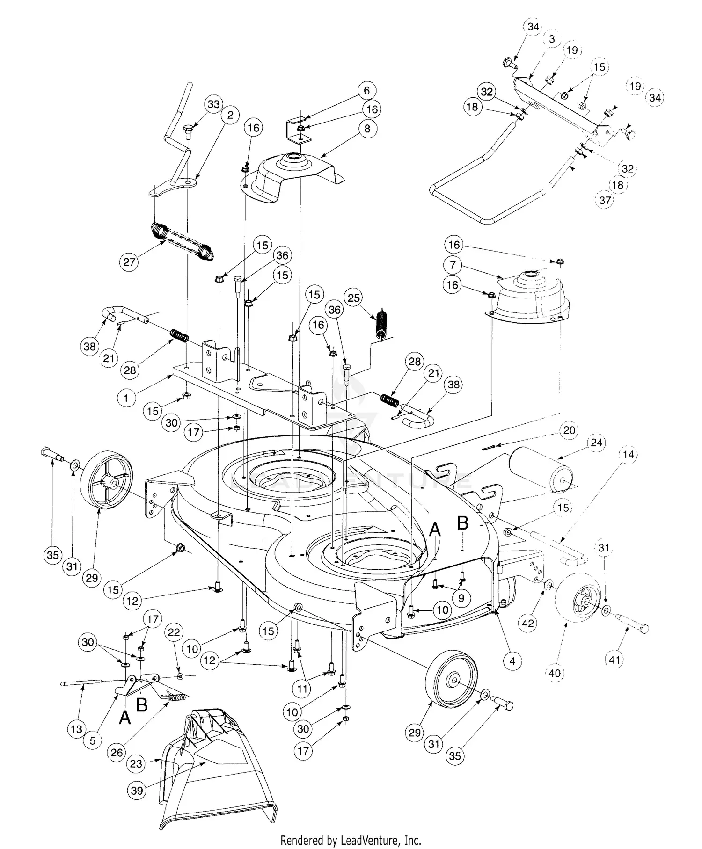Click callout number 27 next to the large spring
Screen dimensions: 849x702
pos(129,262)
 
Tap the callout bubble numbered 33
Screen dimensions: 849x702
pos(213,104)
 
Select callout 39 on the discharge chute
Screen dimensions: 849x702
pos(137,791)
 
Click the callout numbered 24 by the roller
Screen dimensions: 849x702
pos(597,443)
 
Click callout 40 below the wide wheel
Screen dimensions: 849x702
pos(555,673)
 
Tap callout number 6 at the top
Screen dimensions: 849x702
pos(366,91)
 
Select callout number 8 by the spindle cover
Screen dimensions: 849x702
pos(367,128)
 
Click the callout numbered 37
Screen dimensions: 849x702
pos(605,200)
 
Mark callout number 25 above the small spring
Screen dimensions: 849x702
pos(354,298)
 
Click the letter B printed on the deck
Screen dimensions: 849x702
pos(462,523)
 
